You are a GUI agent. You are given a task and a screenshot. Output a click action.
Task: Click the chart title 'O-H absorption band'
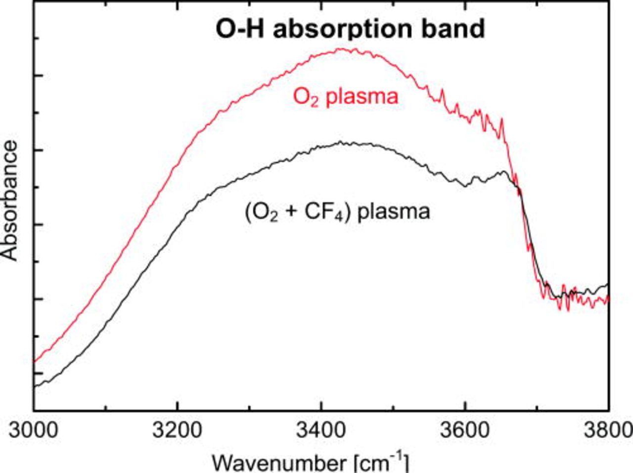pos(350,29)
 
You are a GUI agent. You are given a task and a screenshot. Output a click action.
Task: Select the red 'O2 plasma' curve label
pos(345,96)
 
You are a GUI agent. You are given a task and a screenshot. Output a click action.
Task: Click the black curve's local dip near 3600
pos(465,186)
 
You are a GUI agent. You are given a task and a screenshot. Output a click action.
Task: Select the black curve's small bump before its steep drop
pos(504,172)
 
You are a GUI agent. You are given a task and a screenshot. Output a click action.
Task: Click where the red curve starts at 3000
pos(35,361)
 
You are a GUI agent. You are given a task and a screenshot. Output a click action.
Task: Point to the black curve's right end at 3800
pos(607,285)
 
